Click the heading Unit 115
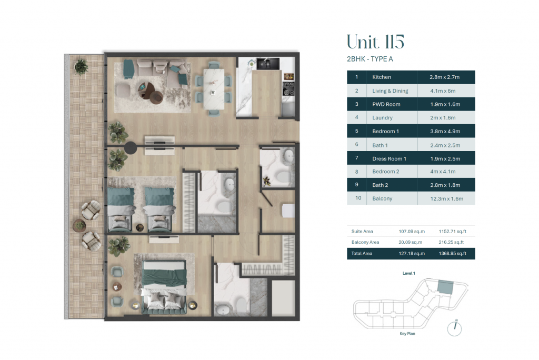point(375,42)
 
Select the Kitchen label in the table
point(382,77)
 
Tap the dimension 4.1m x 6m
point(443,91)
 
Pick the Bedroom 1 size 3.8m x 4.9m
point(445,131)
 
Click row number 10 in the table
point(358,198)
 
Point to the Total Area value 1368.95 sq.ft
point(452,253)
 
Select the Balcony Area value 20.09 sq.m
point(411,242)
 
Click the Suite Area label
point(362,232)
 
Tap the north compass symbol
point(454,328)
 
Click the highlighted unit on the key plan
point(445,287)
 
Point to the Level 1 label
point(408,273)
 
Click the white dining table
point(214,89)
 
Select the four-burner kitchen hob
point(288,89)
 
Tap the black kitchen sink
point(268,64)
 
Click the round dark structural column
point(131,148)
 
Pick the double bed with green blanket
point(164,287)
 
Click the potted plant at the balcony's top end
point(81,66)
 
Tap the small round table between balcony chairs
point(79,226)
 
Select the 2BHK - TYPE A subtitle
point(370,59)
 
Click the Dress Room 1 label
point(389,158)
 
